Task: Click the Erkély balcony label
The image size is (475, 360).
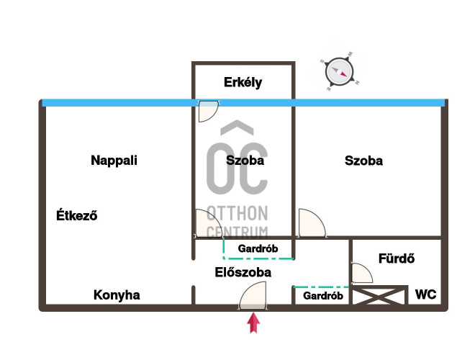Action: (x=243, y=82)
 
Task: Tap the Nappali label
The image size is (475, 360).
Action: (x=114, y=161)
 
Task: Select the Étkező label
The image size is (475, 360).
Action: (x=76, y=215)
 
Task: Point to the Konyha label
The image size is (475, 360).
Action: (x=117, y=295)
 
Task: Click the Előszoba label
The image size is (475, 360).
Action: (x=243, y=272)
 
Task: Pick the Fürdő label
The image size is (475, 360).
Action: (x=397, y=258)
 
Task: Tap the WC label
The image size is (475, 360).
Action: (x=425, y=294)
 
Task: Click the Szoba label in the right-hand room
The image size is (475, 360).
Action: (x=363, y=161)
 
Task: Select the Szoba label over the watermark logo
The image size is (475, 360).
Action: (x=245, y=161)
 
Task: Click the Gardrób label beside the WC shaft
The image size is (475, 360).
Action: (x=323, y=295)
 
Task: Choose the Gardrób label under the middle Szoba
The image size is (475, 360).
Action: (x=258, y=248)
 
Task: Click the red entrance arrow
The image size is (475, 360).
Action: (x=253, y=323)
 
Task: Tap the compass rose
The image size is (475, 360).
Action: (x=339, y=72)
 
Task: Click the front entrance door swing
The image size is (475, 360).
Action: (x=253, y=296)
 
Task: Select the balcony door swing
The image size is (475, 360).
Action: (x=208, y=111)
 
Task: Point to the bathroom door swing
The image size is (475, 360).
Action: (x=362, y=273)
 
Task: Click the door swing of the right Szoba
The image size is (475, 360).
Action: (x=312, y=222)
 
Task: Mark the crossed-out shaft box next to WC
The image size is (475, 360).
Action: (x=379, y=296)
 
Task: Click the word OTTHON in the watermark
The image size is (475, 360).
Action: (x=237, y=213)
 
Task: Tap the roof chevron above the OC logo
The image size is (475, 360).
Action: (x=237, y=127)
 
